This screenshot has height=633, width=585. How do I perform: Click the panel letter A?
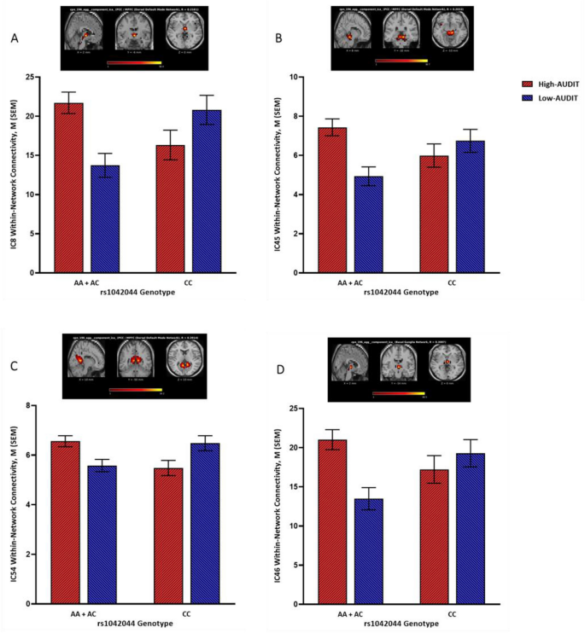(15, 38)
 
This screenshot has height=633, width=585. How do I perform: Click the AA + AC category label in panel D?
(346, 615)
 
